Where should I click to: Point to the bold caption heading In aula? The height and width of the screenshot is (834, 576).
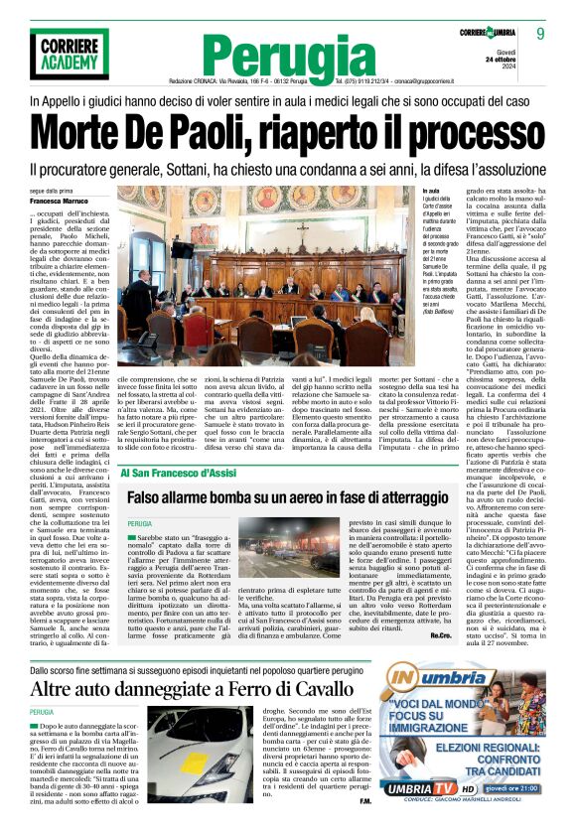pos(402,190)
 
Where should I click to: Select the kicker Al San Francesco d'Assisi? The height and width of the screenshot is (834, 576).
pos(178,473)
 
